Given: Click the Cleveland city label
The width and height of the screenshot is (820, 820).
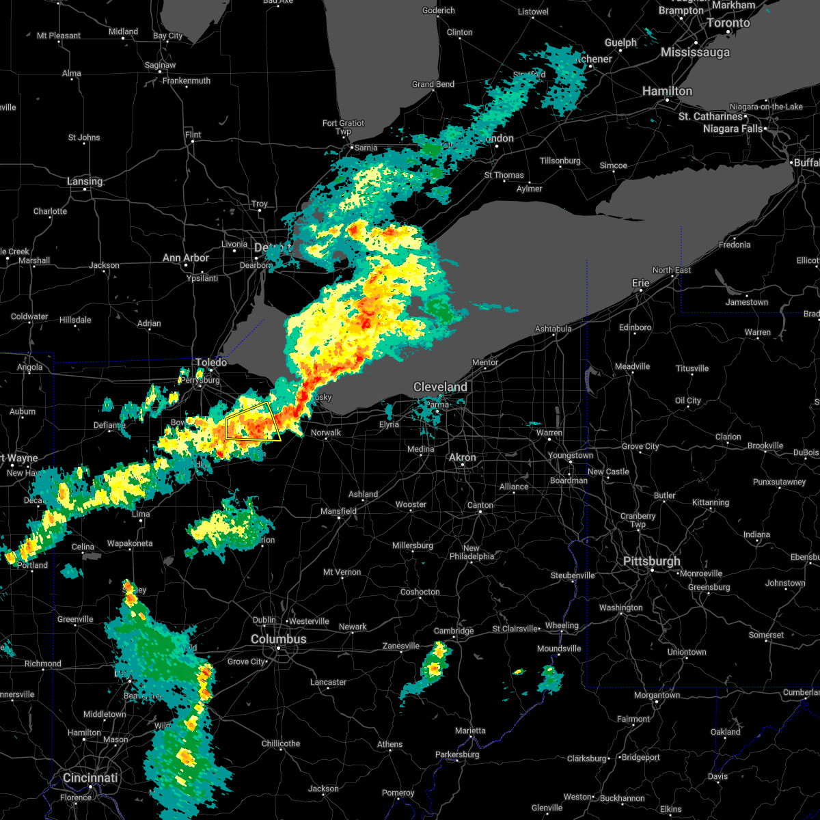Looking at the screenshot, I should [440, 387].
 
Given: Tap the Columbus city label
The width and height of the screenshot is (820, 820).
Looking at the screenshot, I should [278, 639].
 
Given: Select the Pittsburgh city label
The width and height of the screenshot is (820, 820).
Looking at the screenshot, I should [651, 561].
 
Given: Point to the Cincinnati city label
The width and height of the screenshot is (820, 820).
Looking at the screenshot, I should [90, 778].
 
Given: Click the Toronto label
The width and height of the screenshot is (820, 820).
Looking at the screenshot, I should [727, 23].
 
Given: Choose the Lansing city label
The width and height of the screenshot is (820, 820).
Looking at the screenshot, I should [85, 181].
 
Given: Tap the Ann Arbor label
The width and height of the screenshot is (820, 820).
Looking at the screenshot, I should [186, 258].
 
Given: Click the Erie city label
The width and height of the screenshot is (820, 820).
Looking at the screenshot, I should [641, 282].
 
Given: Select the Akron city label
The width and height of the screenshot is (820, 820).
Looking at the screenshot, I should [463, 457].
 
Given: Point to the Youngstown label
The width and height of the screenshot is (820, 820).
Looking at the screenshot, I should [570, 455].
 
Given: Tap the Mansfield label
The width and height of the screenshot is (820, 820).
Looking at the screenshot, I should [339, 511].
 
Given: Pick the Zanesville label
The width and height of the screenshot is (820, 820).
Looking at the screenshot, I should [400, 646].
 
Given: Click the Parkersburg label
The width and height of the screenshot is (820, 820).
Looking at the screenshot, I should [458, 754].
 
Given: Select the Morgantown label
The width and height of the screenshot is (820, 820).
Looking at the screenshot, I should [657, 695].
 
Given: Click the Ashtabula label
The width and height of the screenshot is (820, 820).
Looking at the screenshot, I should [553, 329].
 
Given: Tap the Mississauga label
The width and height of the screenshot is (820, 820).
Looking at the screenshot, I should [695, 53].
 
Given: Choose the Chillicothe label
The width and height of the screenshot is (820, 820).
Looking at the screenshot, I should [281, 743].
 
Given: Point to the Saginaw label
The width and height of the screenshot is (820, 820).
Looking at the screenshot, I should [160, 65].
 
